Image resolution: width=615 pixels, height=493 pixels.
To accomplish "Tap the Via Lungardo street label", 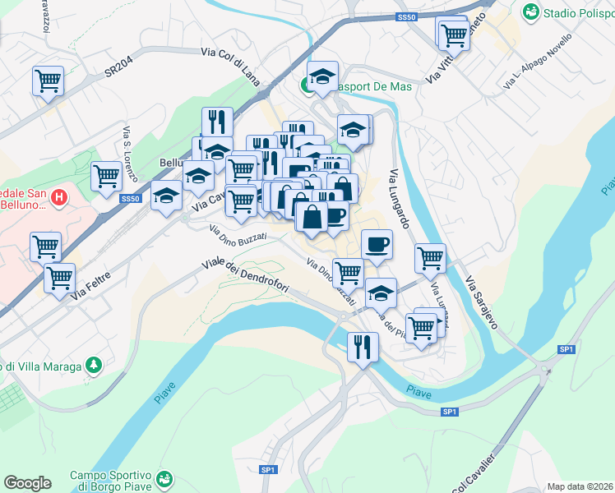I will tap(400, 198).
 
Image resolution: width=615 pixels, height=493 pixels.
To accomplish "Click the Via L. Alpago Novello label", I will tap(534, 62).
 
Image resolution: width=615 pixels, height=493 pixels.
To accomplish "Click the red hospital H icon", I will tap(58, 197).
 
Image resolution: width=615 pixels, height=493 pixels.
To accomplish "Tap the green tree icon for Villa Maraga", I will tap(95, 364).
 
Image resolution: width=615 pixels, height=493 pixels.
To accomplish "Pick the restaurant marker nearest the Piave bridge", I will tap(363, 346).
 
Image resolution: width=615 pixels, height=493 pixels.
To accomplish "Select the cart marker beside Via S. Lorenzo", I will tap(107, 176).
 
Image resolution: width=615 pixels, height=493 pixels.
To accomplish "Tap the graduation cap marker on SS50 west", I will tap(167, 196).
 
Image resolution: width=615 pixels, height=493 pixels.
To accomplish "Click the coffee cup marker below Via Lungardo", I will tap(377, 244).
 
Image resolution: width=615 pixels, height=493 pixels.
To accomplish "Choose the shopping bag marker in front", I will tap(312, 218).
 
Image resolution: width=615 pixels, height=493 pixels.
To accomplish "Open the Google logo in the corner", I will tap(27, 483).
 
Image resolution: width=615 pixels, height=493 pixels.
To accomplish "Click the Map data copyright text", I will tap(580, 486).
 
